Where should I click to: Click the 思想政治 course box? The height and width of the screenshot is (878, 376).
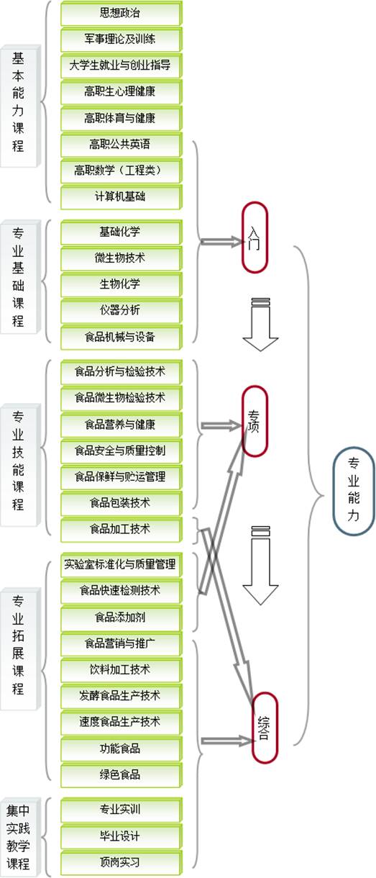pyautogui.click(x=121, y=14)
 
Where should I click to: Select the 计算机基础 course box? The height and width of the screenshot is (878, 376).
pyautogui.click(x=121, y=196)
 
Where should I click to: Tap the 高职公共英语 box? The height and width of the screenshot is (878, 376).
pyautogui.click(x=121, y=144)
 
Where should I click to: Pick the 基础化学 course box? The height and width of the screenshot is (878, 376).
pyautogui.click(x=121, y=232)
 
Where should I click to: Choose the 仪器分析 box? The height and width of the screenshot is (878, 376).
pyautogui.click(x=121, y=310)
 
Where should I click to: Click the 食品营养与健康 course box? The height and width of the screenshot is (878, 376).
pyautogui.click(x=121, y=425)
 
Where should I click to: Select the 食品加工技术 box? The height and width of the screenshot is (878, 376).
pyautogui.click(x=121, y=529)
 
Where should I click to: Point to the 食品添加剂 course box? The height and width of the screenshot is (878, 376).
pyautogui.click(x=121, y=617)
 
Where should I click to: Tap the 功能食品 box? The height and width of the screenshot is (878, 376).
pyautogui.click(x=121, y=748)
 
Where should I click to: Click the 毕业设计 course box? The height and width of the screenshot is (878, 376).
pyautogui.click(x=121, y=836)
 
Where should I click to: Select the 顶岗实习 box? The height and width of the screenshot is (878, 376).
pyautogui.click(x=121, y=862)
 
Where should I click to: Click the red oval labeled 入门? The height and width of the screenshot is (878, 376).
pyautogui.click(x=255, y=237)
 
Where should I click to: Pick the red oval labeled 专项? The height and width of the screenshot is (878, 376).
pyautogui.click(x=255, y=421)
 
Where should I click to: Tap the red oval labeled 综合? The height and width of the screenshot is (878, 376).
pyautogui.click(x=265, y=728)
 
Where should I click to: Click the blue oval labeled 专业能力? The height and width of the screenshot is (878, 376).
pyautogui.click(x=353, y=492)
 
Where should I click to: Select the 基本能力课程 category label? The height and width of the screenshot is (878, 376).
pyautogui.click(x=20, y=106)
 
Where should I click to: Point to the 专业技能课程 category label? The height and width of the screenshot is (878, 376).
pyautogui.click(x=20, y=465)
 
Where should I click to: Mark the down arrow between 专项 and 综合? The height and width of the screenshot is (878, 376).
pyautogui.click(x=260, y=565)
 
